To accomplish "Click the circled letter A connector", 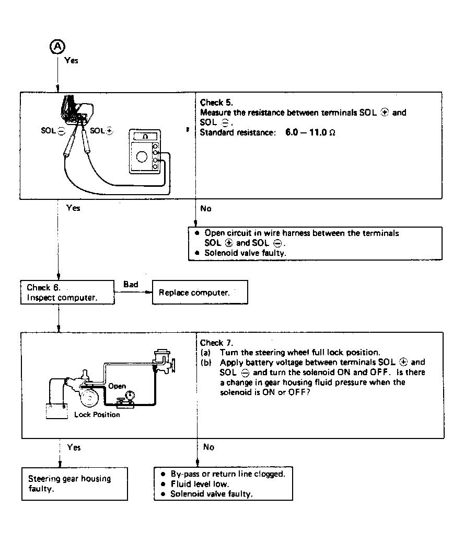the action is [57, 47].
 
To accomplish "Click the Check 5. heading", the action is [216, 103].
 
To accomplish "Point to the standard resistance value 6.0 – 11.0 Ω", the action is [310, 132].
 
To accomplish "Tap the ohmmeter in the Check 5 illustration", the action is [145, 152].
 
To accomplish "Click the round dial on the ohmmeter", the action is [142, 157].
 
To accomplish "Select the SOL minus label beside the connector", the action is [53, 131].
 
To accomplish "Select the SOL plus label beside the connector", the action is [101, 131].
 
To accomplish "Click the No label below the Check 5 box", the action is [206, 208].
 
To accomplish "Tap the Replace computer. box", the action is [200, 292].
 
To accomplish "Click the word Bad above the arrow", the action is [131, 285].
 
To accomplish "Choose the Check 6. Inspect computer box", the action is [67, 292].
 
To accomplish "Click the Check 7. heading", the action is [216, 343].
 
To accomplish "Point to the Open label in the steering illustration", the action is [117, 386].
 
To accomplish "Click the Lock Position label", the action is [97, 414].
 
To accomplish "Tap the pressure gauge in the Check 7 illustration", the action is [130, 396].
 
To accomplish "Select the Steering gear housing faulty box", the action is [75, 484].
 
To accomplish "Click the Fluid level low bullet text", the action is [200, 484].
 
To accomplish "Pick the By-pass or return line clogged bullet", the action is [228, 474].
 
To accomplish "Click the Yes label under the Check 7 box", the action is [74, 447].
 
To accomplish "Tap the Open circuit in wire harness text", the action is [301, 233].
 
